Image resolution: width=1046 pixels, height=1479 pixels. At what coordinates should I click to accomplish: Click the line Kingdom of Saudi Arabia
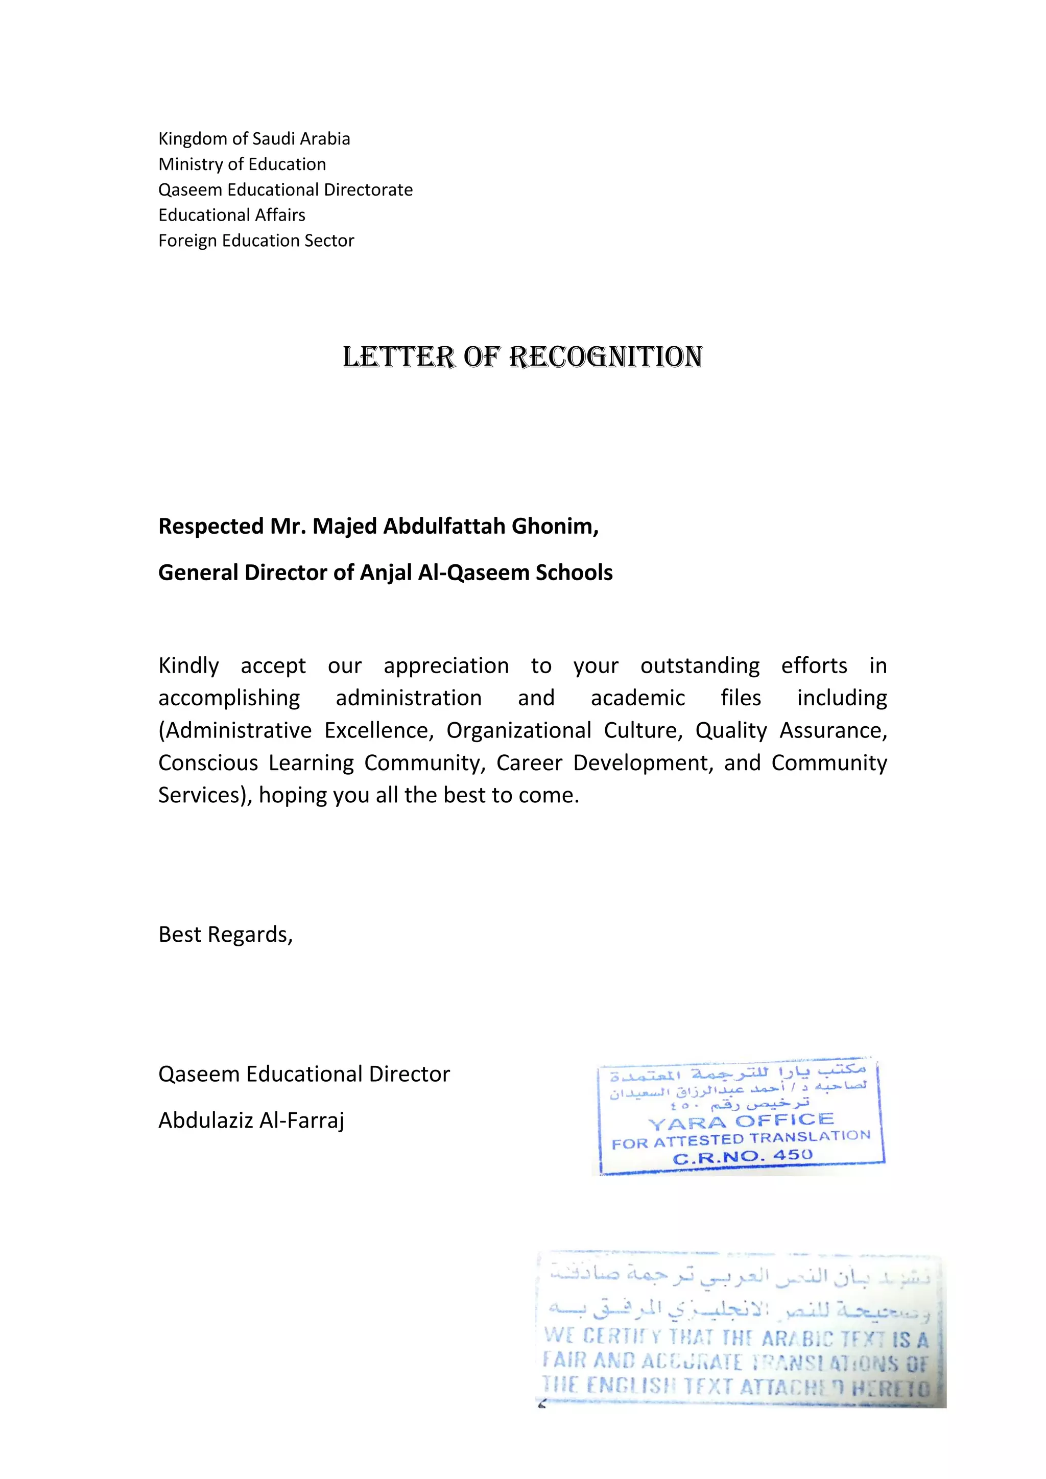tap(254, 139)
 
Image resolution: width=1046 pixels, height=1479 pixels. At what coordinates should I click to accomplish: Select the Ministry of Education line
tap(242, 164)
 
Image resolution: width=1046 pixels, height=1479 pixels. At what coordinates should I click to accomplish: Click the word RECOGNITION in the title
tap(605, 357)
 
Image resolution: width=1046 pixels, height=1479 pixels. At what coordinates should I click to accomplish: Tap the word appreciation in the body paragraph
tap(446, 665)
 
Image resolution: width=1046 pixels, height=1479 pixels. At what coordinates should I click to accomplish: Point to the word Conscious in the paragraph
tap(208, 762)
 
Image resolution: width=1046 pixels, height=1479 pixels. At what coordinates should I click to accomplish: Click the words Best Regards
tap(225, 935)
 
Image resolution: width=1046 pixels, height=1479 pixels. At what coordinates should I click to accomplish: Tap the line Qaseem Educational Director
tap(304, 1075)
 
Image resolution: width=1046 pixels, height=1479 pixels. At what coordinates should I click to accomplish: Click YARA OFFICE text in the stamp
tap(741, 1122)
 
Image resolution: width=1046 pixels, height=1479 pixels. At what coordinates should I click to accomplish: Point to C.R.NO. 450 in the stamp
tap(742, 1156)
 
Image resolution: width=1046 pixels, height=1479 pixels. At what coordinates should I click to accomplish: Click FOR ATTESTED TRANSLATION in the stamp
tap(741, 1140)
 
